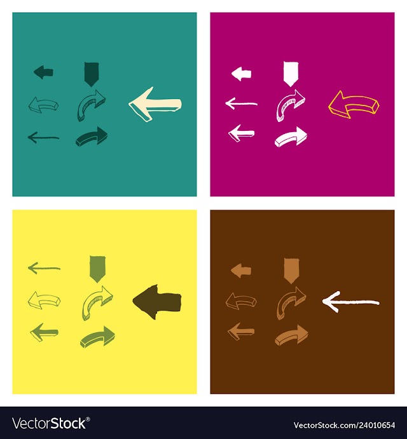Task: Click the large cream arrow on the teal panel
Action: coord(155,104)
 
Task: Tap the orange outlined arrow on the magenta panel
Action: coord(354,104)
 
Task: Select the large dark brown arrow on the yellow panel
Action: coord(157,302)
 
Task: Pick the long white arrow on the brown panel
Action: coord(350,302)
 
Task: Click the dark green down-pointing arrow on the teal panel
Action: coord(92,74)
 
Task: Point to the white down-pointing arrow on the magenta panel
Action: coord(291,74)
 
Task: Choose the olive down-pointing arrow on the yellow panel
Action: coord(97,269)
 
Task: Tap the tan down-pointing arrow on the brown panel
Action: coord(291,271)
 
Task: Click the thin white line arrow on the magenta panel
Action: coord(242,104)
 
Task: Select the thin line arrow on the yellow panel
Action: coord(44,268)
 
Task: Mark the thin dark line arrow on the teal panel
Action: coord(43,137)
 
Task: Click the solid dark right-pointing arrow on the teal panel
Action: coord(92,137)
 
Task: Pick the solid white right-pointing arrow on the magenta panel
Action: coord(291,137)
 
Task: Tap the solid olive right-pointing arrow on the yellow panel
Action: coord(97,337)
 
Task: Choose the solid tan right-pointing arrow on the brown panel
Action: coord(291,335)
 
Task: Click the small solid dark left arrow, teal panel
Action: coord(43,72)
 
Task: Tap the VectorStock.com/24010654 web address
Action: coord(344,425)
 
